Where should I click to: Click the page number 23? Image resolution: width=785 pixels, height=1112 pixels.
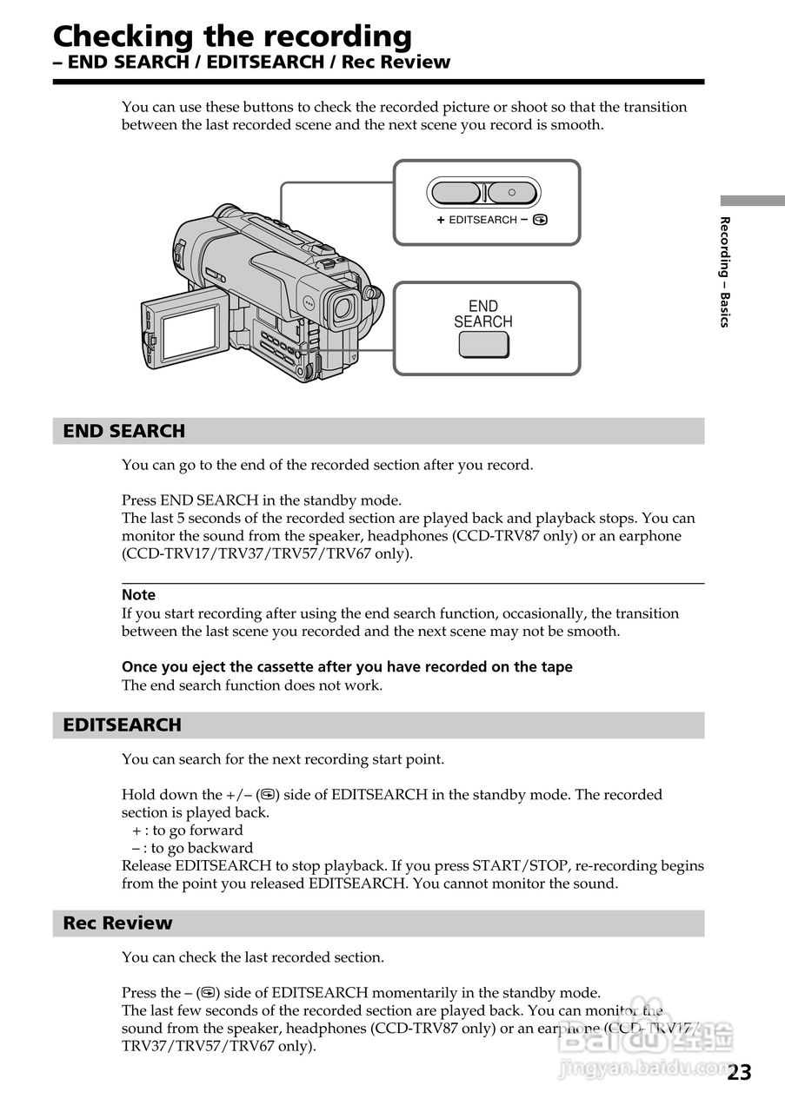[x=739, y=1073]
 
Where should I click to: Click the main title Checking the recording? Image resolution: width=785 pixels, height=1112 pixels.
[x=232, y=36]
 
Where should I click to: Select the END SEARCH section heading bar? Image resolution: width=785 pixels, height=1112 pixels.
[x=378, y=431]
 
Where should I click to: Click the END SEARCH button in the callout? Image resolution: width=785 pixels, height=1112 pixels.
[x=483, y=345]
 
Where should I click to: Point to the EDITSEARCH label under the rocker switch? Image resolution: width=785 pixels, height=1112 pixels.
[x=482, y=221]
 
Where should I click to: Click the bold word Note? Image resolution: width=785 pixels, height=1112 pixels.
[x=138, y=595]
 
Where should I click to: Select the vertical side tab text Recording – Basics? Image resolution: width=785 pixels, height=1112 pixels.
[x=724, y=271]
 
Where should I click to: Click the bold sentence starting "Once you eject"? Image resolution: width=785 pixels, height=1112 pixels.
[x=347, y=667]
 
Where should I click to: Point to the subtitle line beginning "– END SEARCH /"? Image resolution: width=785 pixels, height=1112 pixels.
[x=251, y=63]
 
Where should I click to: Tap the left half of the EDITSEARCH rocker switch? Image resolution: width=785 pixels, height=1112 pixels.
[x=456, y=192]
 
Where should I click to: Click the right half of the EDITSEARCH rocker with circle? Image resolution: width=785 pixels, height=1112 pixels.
[x=512, y=192]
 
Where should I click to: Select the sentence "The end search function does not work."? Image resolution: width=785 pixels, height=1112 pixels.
[x=251, y=685]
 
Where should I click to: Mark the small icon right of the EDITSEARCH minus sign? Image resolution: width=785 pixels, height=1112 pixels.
[x=541, y=221]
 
